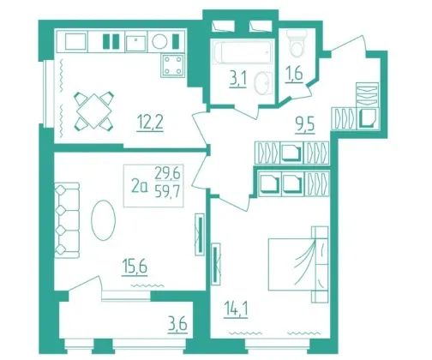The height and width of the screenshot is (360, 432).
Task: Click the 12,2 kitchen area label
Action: (x=150, y=123)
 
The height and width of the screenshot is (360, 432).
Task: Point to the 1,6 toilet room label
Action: (x=294, y=75)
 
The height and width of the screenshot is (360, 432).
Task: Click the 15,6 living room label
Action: (x=135, y=267)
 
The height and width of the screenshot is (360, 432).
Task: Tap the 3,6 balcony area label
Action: (x=177, y=325)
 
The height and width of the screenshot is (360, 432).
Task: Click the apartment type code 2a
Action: (x=140, y=187)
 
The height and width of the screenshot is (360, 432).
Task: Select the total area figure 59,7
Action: (x=167, y=192)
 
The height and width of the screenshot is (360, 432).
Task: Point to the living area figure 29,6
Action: (x=167, y=173)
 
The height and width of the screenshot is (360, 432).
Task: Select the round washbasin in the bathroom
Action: (x=263, y=82)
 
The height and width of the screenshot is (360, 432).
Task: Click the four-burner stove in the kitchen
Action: (x=173, y=65)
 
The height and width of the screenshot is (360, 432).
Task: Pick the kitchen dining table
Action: (x=94, y=111)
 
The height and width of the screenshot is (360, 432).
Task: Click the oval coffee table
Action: (x=103, y=220)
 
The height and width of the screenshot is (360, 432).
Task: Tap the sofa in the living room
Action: (x=67, y=220)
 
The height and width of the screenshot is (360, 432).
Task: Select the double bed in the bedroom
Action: (x=298, y=264)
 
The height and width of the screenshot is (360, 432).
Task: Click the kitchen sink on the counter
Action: (x=136, y=43)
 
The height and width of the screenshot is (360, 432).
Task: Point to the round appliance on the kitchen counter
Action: (x=159, y=42)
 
